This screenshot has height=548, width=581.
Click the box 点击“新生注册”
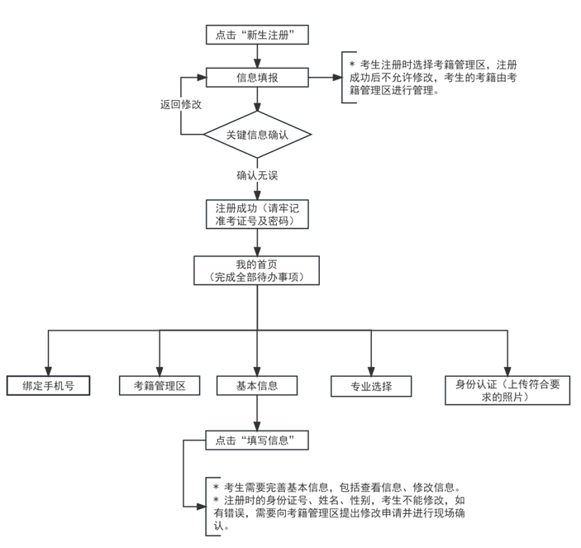(x=257, y=35)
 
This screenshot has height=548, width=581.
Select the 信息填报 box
(x=257, y=78)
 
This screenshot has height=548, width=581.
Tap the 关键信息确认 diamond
(x=257, y=135)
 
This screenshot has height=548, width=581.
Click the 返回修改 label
(x=181, y=104)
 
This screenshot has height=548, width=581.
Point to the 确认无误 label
(x=257, y=175)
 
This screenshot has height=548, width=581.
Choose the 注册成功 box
(x=257, y=214)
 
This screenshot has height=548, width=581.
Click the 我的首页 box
(x=256, y=270)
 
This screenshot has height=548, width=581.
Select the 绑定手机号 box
(x=48, y=386)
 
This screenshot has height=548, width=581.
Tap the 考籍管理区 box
(x=160, y=386)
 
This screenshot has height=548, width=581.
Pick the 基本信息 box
(x=257, y=386)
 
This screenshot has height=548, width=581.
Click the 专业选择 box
(x=371, y=387)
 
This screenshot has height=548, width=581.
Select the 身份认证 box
(x=507, y=390)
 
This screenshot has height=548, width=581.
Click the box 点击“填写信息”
(x=257, y=441)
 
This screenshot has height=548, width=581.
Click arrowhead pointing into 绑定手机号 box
(x=48, y=371)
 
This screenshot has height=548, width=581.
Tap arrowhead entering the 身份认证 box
(x=507, y=371)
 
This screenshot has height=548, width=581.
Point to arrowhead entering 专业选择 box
(x=371, y=371)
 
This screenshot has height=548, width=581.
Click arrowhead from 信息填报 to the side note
(x=337, y=78)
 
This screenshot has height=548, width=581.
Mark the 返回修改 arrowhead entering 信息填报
(x=202, y=78)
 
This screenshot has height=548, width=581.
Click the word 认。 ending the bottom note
(x=221, y=526)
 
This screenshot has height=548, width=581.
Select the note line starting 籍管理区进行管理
(x=394, y=90)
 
